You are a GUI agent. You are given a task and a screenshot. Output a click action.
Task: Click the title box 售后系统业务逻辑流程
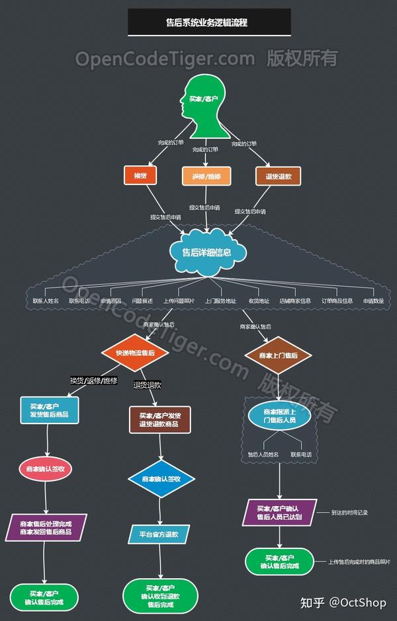(x=209, y=22)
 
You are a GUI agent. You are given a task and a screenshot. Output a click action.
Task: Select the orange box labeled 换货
(x=140, y=176)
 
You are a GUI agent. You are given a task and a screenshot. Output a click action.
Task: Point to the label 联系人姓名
(x=46, y=301)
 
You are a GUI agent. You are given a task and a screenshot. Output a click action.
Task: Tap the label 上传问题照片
(x=179, y=301)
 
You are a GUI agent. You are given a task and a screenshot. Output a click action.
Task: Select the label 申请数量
(x=374, y=301)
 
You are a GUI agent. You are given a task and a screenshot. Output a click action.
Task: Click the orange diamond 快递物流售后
(x=134, y=353)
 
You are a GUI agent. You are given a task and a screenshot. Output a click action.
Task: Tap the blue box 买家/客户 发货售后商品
(x=49, y=410)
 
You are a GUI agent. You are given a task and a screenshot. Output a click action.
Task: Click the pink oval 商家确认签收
(x=46, y=468)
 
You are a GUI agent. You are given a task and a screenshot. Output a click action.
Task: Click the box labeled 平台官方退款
(x=159, y=534)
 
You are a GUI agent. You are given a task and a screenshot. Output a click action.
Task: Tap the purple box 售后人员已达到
(x=279, y=512)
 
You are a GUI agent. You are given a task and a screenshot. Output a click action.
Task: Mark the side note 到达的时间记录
(x=349, y=512)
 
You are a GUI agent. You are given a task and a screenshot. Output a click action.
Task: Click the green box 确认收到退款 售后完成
(x=160, y=596)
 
